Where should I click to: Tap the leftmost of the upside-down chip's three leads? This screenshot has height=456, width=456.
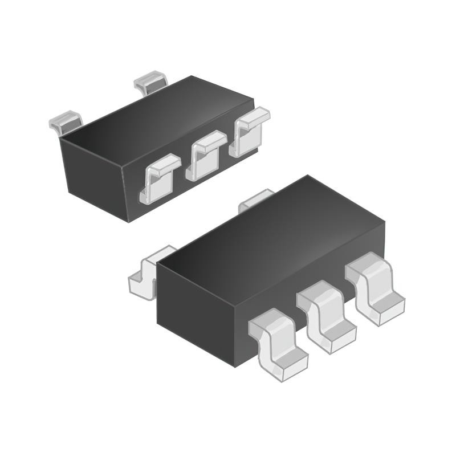coord(160,178)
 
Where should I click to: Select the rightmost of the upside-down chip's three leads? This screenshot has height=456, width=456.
coord(249,131)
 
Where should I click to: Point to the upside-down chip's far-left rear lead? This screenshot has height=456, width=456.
coord(66,121)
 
